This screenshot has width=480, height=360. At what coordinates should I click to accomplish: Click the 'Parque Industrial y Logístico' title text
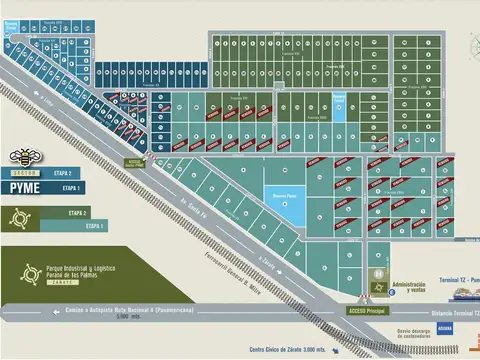pyautogui.click(x=82, y=271)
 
